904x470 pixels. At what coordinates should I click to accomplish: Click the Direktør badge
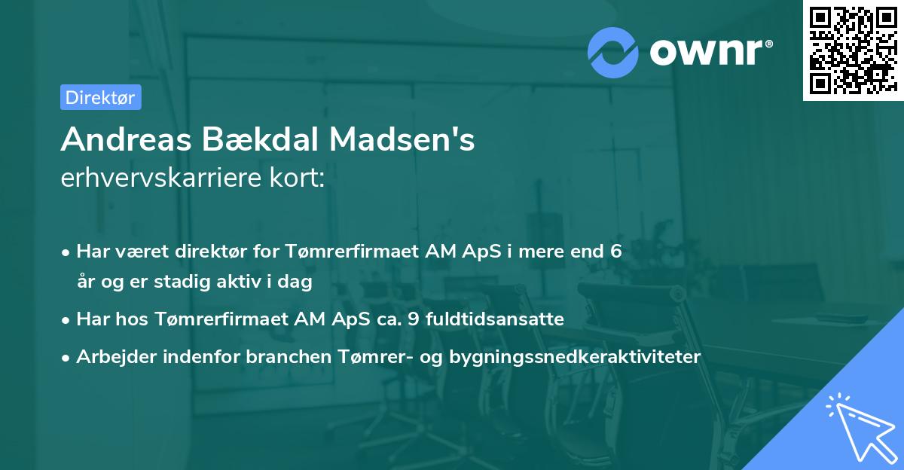point(100,97)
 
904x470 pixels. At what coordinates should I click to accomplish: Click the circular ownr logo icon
point(613,52)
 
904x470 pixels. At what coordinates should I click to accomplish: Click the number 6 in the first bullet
point(616,252)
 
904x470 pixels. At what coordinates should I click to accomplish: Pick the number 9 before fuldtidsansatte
point(412,319)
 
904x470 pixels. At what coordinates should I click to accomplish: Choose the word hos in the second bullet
point(127,319)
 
